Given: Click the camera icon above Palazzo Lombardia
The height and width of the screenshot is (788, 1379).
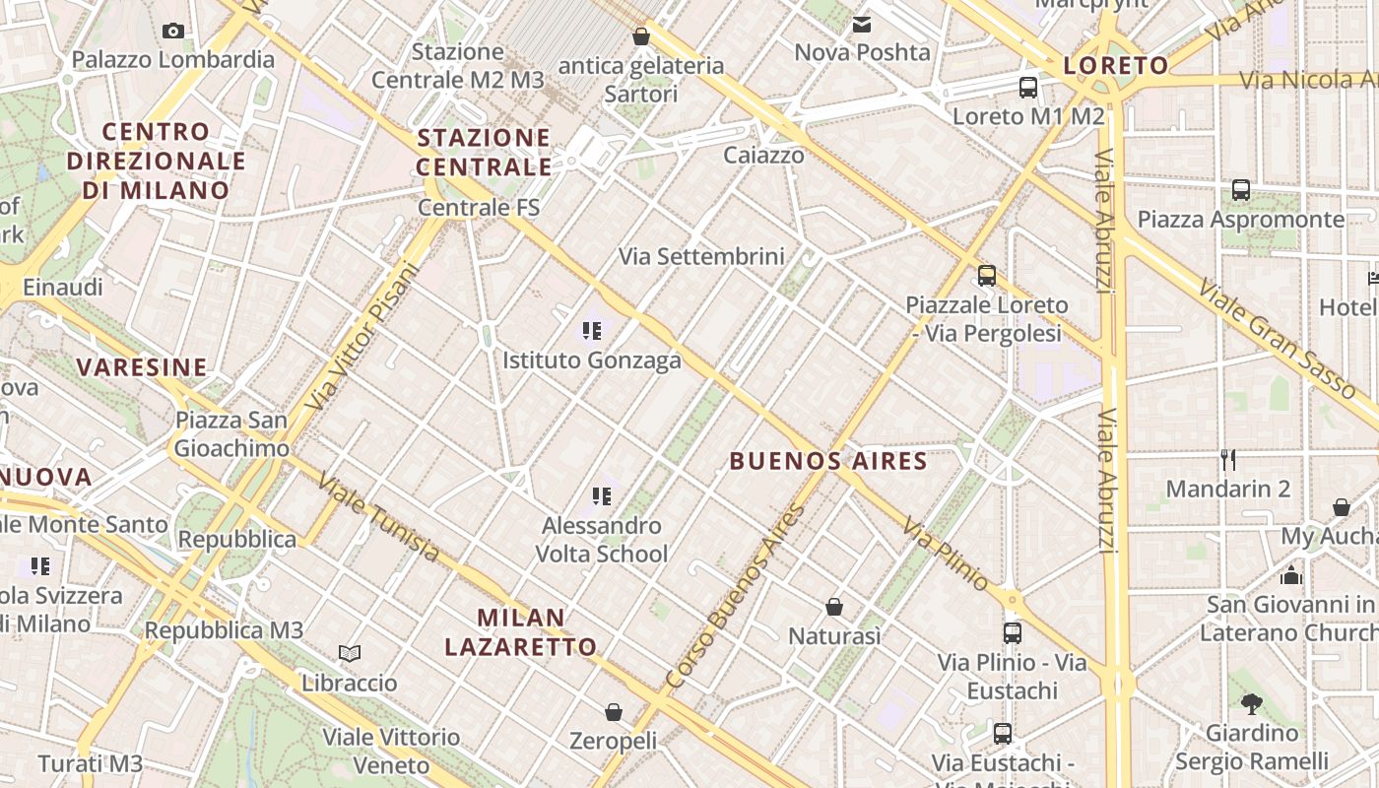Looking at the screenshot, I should click(173, 32).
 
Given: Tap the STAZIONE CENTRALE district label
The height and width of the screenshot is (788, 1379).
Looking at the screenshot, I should click(484, 152).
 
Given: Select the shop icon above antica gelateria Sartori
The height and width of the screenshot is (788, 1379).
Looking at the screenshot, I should click(641, 36).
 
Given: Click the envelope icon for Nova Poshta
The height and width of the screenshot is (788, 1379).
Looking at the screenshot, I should click(862, 25).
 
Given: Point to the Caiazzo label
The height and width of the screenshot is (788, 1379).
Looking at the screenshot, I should click(763, 155).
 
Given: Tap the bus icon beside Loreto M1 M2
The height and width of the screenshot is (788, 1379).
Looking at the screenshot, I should click(1028, 88).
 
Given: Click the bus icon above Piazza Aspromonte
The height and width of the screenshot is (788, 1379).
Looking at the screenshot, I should click(1241, 190).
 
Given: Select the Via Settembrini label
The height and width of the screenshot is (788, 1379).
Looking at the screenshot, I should click(701, 257).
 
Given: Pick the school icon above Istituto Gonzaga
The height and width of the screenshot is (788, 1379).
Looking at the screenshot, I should click(591, 331).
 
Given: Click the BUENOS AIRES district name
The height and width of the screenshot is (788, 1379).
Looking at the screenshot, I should click(828, 461).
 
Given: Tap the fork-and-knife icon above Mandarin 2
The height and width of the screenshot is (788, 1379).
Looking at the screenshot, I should click(1227, 459).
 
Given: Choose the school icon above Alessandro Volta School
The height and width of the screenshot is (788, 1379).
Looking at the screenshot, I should click(601, 495).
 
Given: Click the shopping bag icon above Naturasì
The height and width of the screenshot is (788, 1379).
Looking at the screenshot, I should click(834, 607).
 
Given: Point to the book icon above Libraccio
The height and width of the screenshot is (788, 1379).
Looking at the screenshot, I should click(350, 653).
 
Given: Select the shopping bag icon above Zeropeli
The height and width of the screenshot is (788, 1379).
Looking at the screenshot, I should click(614, 711).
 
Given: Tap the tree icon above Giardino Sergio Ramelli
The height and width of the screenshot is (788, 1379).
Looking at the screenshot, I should click(1252, 703).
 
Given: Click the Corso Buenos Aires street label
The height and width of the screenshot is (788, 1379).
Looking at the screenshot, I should click(736, 597).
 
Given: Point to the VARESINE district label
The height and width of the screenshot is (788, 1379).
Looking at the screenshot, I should click(142, 368).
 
